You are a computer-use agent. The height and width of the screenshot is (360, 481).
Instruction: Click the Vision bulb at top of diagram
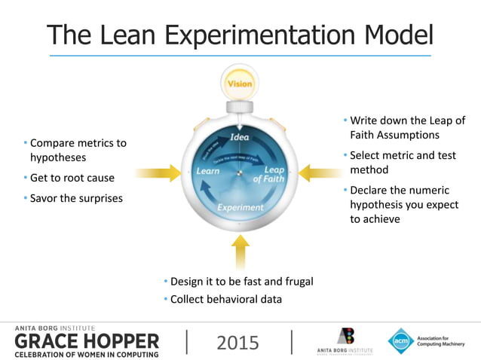(x=240, y=84)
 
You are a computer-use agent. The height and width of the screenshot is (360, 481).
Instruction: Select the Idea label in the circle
(x=239, y=137)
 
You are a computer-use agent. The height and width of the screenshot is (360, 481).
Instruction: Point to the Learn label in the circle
(x=208, y=171)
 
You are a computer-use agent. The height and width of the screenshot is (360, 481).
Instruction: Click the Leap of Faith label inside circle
(x=269, y=174)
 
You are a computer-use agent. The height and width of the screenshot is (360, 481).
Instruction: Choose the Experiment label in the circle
(x=240, y=207)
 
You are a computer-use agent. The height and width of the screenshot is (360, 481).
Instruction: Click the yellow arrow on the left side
(x=158, y=173)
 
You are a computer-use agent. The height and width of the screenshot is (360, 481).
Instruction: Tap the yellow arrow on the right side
(x=320, y=173)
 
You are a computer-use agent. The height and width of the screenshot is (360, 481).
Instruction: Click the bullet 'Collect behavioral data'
(x=225, y=299)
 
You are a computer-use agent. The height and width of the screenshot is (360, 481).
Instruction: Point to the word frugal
(x=295, y=281)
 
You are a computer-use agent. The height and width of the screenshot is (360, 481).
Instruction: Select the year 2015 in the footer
(x=237, y=343)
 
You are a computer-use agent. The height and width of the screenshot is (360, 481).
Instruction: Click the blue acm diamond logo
(x=400, y=340)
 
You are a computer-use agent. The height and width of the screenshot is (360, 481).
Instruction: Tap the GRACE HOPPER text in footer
(x=87, y=341)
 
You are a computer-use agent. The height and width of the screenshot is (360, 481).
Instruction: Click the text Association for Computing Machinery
(x=443, y=340)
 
